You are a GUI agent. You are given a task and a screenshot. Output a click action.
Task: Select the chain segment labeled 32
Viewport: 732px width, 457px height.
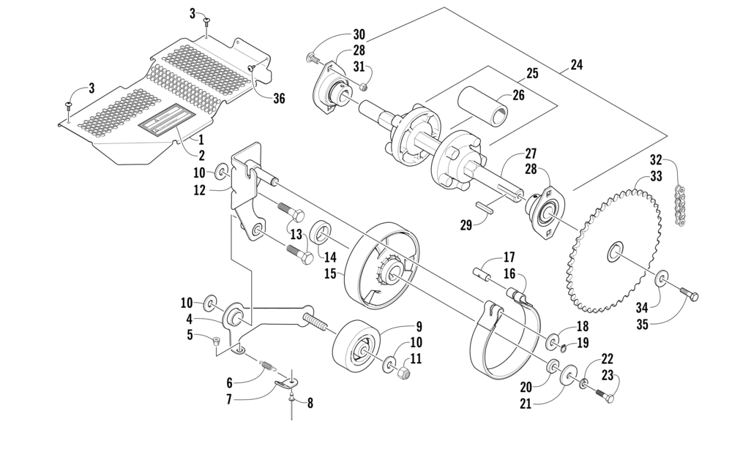[680, 206]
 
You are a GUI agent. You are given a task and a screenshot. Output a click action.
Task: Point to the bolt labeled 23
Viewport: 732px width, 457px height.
[605, 396]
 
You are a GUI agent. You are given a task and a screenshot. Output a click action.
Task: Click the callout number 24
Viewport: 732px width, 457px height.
[577, 65]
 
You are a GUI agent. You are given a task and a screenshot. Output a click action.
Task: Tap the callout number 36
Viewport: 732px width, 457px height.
[279, 99]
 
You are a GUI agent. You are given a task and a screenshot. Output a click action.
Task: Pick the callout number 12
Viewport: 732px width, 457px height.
[199, 190]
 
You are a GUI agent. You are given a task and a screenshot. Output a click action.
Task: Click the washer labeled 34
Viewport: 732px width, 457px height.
[661, 278]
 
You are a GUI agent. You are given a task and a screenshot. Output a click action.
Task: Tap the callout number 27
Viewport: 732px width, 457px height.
[531, 154]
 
